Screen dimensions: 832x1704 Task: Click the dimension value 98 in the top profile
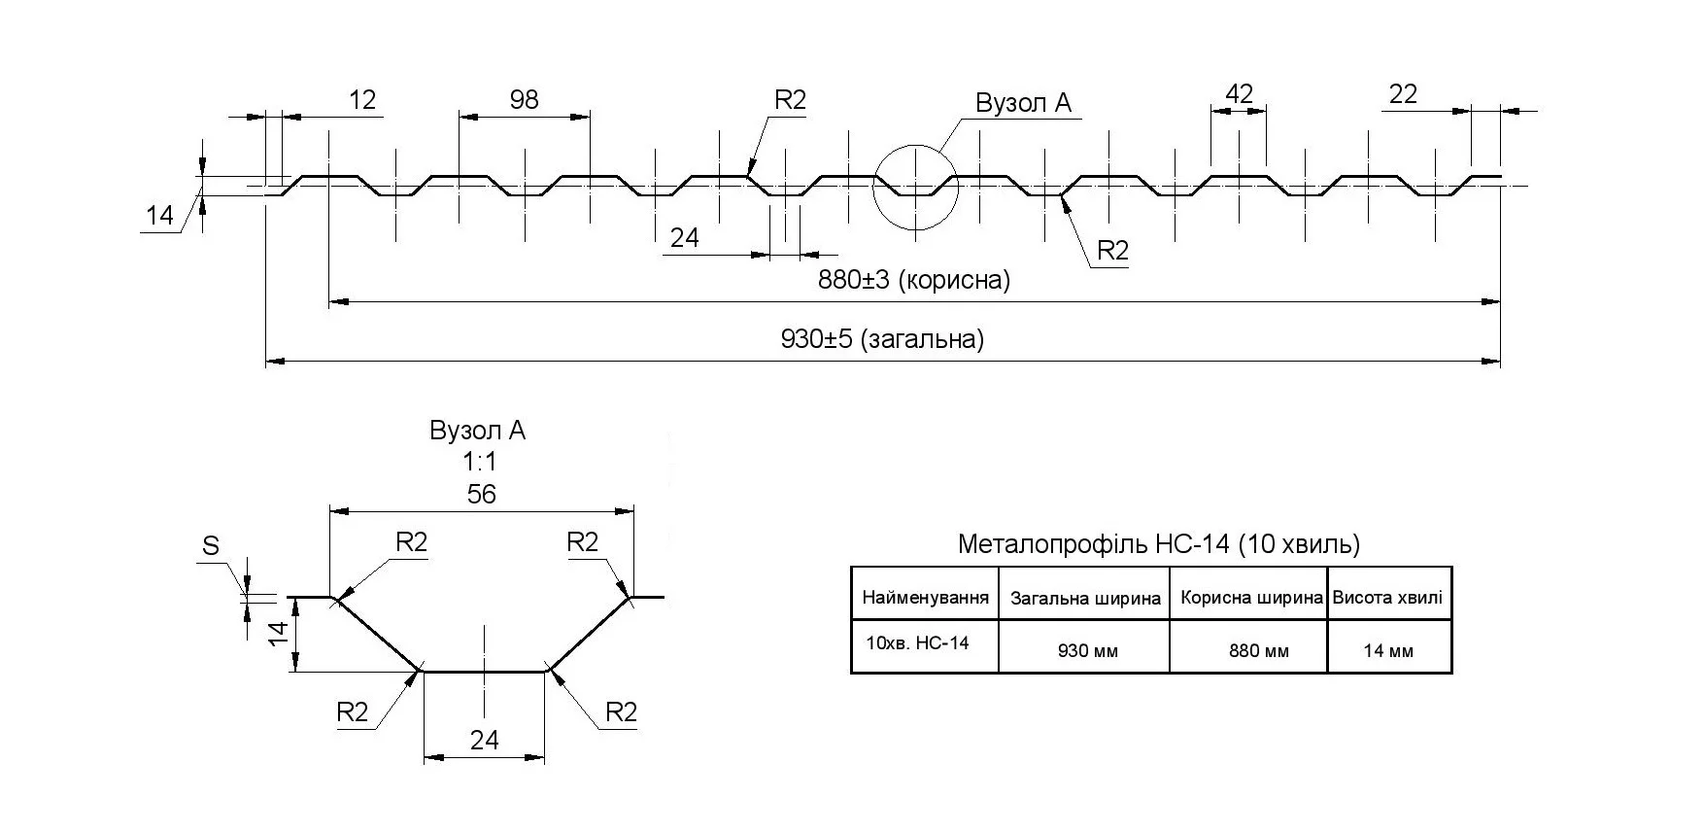[524, 99]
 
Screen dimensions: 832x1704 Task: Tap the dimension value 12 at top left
[361, 99]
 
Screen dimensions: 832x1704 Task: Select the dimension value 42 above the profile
[1239, 93]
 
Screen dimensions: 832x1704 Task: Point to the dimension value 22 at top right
[1403, 93]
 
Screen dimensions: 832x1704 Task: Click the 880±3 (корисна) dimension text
[913, 281]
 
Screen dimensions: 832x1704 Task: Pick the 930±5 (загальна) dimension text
[882, 339]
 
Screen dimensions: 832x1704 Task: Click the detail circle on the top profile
[915, 188]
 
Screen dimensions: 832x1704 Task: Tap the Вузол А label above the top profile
[1023, 103]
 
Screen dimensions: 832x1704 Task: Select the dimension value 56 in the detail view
[481, 495]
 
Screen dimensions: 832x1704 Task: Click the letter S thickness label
[211, 547]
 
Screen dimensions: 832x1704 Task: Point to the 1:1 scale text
[479, 463]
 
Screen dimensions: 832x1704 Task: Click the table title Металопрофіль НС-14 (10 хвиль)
[1158, 544]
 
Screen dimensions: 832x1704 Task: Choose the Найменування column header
[925, 598]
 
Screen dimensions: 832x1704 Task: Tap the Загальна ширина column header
[1085, 599]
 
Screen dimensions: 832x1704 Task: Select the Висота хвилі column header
[1387, 598]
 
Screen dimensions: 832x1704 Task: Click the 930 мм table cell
[1087, 651]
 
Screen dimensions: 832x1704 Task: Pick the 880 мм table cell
[1258, 651]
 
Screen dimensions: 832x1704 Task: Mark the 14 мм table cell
[1387, 651]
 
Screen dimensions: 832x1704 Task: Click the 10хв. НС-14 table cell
[917, 642]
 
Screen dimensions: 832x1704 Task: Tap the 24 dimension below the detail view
[484, 740]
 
